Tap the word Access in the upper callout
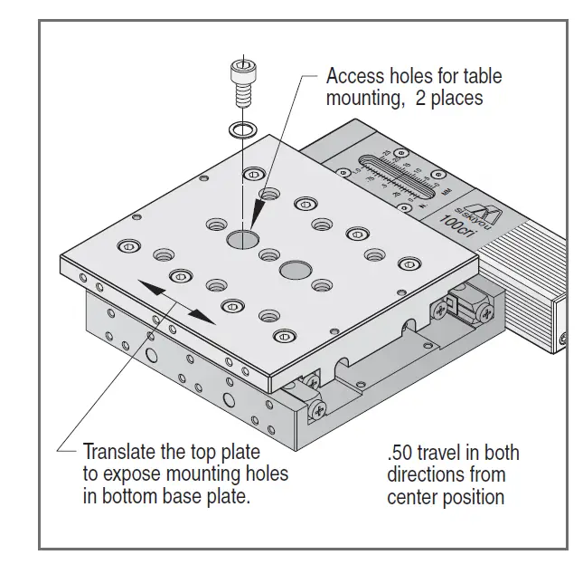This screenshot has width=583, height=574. click(354, 77)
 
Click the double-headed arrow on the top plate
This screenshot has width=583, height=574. click(176, 301)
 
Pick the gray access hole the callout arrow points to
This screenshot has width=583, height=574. click(243, 239)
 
